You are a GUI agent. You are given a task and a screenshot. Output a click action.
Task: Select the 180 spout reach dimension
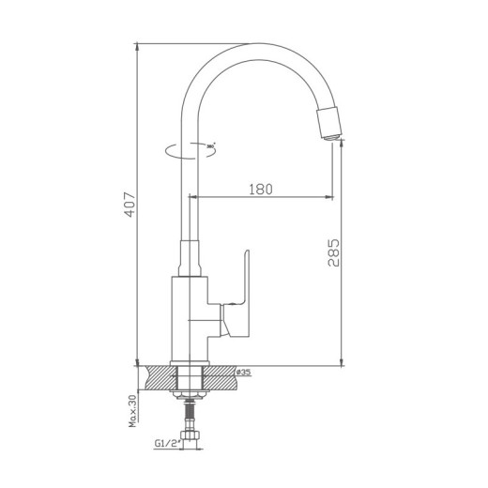click(x=261, y=189)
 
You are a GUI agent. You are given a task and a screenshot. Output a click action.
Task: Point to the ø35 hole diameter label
click(x=242, y=373)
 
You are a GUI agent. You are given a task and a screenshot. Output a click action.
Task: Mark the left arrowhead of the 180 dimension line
click(x=195, y=197)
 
